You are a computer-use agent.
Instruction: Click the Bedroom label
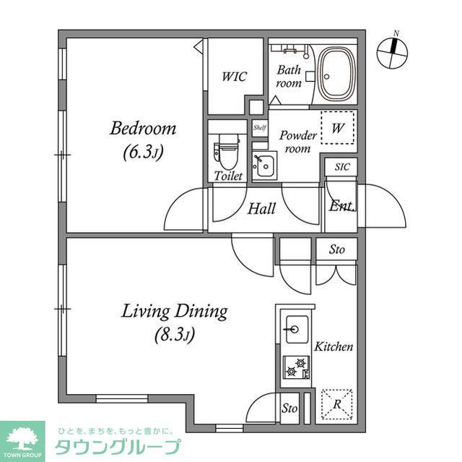pyautogui.click(x=143, y=129)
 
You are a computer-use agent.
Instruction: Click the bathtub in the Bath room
pyautogui.click(x=336, y=74)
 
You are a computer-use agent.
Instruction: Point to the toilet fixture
pyautogui.click(x=225, y=153)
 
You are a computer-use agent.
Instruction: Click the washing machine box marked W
pyautogui.click(x=338, y=129)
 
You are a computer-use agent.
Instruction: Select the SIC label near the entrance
pyautogui.click(x=342, y=167)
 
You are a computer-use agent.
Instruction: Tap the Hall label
pyautogui.click(x=261, y=209)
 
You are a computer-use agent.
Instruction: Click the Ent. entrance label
pyautogui.click(x=341, y=206)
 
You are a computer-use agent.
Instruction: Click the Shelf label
pyautogui.click(x=259, y=128)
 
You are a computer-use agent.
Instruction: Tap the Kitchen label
pyautogui.click(x=333, y=347)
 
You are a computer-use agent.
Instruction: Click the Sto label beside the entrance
pyautogui.click(x=336, y=250)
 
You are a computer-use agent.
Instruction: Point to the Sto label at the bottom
pyautogui.click(x=289, y=408)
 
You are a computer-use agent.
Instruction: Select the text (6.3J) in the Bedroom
pyautogui.click(x=143, y=153)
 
